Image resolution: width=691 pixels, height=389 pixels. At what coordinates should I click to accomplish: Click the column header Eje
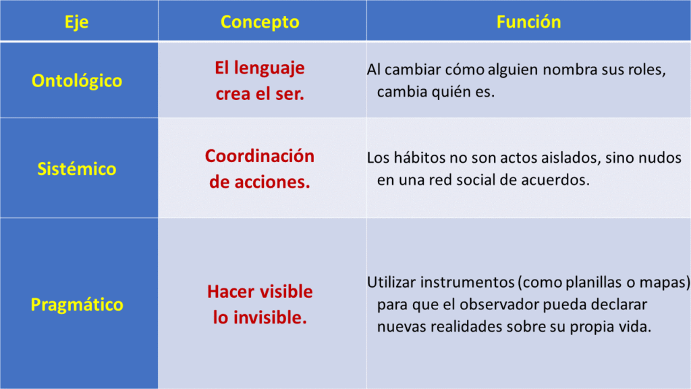coord(77,22)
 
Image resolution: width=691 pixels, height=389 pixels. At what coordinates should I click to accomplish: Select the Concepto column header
coord(260,22)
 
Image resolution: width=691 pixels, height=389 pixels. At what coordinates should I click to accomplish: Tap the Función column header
coord(529,22)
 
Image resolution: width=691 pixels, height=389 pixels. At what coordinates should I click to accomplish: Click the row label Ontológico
coord(77,81)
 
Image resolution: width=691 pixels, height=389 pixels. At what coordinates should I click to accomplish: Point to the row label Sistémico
coord(77,169)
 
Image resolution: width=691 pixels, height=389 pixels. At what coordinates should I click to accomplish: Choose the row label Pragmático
coord(77,305)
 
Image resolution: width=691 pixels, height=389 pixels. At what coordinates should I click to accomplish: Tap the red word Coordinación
coord(260,156)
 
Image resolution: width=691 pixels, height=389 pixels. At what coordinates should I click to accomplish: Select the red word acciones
coord(272,182)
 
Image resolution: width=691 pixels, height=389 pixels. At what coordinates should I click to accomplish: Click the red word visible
coord(286,292)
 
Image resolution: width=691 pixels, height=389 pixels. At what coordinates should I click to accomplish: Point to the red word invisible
coord(270,317)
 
